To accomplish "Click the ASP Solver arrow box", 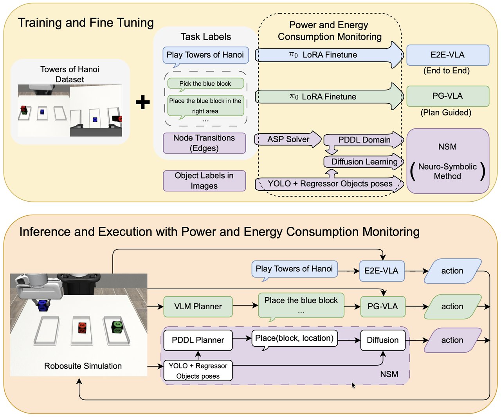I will click(x=288, y=139).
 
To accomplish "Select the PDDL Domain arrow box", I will click(x=364, y=140).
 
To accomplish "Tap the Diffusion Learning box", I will click(x=364, y=162).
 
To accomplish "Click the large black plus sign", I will click(x=142, y=102).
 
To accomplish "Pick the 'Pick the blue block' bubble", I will click(x=205, y=83).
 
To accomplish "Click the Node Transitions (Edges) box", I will click(x=204, y=143).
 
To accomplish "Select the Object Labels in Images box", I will click(x=204, y=181).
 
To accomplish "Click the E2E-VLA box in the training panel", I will click(x=447, y=55).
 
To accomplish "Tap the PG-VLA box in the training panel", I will click(x=447, y=96).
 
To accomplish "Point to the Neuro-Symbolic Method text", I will click(x=447, y=171).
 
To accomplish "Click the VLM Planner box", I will click(x=198, y=307).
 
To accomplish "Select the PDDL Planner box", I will click(x=198, y=340).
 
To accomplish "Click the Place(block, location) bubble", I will click(x=294, y=338).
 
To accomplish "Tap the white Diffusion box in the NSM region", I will click(x=382, y=340).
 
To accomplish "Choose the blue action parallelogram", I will click(x=452, y=271).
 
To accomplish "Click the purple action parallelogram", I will click(x=452, y=340).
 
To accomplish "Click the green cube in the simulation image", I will click(x=117, y=327).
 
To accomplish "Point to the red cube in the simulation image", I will click(x=82, y=327).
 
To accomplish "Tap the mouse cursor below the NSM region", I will click(x=353, y=385).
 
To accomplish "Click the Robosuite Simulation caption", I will click(x=83, y=366).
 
